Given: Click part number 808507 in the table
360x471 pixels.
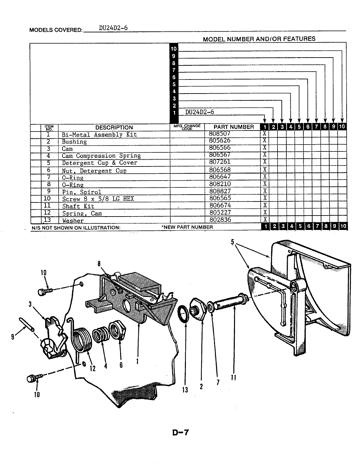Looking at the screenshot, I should point(222,134).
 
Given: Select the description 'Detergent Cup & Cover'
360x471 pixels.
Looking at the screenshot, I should point(99,163).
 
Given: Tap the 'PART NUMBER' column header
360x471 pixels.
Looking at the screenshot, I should point(233,127).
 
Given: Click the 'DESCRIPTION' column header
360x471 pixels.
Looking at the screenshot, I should point(114,128).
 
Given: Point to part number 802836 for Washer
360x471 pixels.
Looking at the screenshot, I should point(222,220).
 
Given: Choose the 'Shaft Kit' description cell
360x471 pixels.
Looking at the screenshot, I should point(78,206).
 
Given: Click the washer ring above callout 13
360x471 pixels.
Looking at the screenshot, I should point(184,314).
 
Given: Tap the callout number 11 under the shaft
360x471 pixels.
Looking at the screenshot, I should point(233,377).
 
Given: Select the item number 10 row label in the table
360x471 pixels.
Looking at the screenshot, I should point(47,199).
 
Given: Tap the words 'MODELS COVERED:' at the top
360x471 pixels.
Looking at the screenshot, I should point(56,30).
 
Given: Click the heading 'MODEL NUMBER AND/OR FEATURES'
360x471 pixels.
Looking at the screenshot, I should point(259,39).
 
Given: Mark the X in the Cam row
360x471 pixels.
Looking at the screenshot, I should point(265,148).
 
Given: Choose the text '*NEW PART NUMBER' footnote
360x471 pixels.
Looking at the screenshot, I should point(187,227).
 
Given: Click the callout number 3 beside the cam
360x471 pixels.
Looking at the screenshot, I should point(30,304).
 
